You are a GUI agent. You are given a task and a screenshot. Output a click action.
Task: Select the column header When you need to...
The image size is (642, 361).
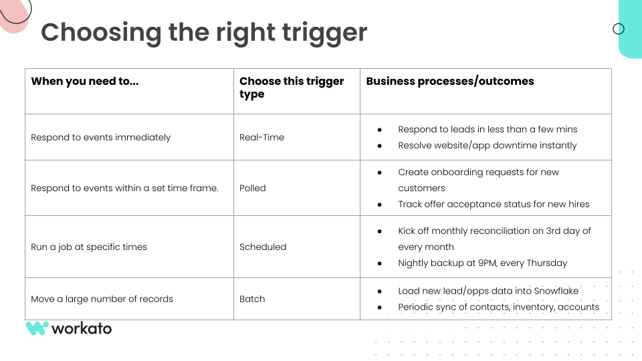[85, 81]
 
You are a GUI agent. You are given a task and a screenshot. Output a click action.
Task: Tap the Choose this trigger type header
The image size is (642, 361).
[292, 88]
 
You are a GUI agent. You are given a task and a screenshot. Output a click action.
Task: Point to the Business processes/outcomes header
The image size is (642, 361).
[450, 81]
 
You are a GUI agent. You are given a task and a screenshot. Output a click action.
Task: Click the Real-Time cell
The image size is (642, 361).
[261, 137]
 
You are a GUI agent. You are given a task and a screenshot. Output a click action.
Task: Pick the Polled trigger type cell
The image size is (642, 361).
[253, 188]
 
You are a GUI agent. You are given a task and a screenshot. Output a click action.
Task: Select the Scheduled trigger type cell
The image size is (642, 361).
[263, 247]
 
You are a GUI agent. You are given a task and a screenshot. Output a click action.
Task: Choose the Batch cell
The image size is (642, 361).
[252, 299]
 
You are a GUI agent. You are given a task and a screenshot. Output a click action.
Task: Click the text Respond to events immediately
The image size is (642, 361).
[101, 138]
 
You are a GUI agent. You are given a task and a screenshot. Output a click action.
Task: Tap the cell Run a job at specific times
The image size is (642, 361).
[89, 247]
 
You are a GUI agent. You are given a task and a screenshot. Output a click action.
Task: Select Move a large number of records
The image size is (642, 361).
[102, 299]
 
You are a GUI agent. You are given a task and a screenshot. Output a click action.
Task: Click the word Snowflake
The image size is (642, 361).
[556, 291]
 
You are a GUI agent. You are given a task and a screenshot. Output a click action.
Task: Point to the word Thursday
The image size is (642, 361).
[547, 263]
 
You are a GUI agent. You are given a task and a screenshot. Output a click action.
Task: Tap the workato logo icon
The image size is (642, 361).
[37, 328]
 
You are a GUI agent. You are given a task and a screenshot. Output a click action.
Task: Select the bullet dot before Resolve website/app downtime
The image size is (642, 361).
[380, 146]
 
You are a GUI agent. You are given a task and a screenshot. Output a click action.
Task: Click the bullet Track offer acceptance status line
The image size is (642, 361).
[494, 205]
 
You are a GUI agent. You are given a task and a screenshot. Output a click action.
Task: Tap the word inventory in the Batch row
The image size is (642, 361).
[534, 308]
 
